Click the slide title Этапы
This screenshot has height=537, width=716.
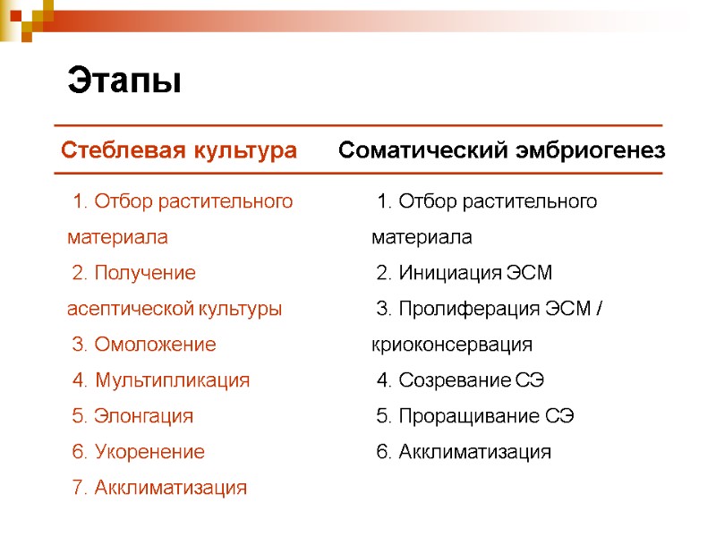(x=124, y=81)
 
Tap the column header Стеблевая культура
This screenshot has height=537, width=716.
(x=179, y=150)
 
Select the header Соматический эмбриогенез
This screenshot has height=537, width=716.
(x=501, y=150)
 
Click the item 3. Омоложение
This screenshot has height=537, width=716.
(x=143, y=345)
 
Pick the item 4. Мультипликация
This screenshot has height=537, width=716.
(x=160, y=380)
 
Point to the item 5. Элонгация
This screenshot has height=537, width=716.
(x=132, y=416)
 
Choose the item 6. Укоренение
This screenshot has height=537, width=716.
(x=138, y=452)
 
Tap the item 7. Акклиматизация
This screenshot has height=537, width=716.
(x=158, y=488)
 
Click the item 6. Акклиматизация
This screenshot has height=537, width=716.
(x=464, y=452)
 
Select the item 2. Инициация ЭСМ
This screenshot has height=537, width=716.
(x=465, y=273)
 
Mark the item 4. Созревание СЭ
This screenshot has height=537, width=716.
(x=461, y=380)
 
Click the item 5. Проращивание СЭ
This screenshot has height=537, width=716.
(x=475, y=416)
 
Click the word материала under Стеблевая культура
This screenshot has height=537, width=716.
(x=117, y=238)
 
